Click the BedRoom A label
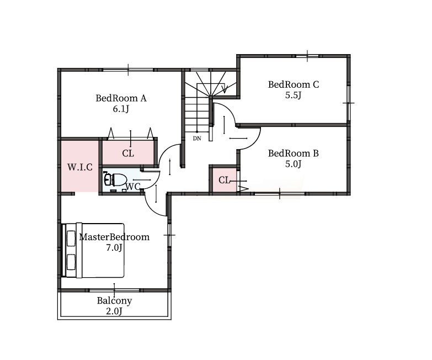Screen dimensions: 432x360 pyautogui.click(x=121, y=98)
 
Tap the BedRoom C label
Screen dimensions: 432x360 pyautogui.click(x=294, y=84)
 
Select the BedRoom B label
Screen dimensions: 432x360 pyautogui.click(x=294, y=153)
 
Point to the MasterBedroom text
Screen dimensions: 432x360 pyautogui.click(x=114, y=237)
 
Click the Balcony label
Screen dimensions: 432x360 pyautogui.click(x=114, y=300)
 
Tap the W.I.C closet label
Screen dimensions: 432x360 pyautogui.click(x=80, y=167)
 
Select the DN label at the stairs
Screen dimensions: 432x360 pyautogui.click(x=197, y=139)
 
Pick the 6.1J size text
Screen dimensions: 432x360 pyautogui.click(x=121, y=109)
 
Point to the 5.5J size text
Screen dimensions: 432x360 pyautogui.click(x=294, y=96)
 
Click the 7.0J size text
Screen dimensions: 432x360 pyautogui.click(x=114, y=248)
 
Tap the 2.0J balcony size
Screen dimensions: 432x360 pyautogui.click(x=114, y=311)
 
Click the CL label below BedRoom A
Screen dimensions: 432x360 pyautogui.click(x=128, y=153)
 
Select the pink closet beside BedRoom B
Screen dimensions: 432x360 pyautogui.click(x=224, y=180)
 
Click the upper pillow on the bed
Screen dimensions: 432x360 pyautogui.click(x=71, y=239)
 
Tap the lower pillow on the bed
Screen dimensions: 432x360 pyautogui.click(x=71, y=262)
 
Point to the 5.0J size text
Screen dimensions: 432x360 pyautogui.click(x=294, y=165)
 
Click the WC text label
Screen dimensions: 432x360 pyautogui.click(x=133, y=187)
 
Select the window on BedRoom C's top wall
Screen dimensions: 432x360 pyautogui.click(x=307, y=56)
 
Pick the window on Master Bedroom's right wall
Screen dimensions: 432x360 pyautogui.click(x=169, y=235)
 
